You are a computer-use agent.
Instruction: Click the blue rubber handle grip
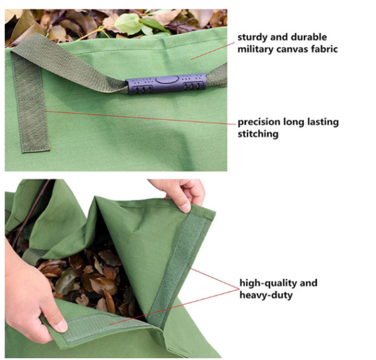tap(166, 83)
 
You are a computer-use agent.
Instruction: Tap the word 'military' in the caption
tap(258, 49)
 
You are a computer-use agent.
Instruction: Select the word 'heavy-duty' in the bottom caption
tap(266, 294)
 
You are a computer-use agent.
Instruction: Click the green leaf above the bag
tap(129, 23)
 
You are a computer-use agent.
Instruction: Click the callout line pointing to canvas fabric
tap(213, 51)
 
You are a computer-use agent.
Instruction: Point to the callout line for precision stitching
tap(138, 117)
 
